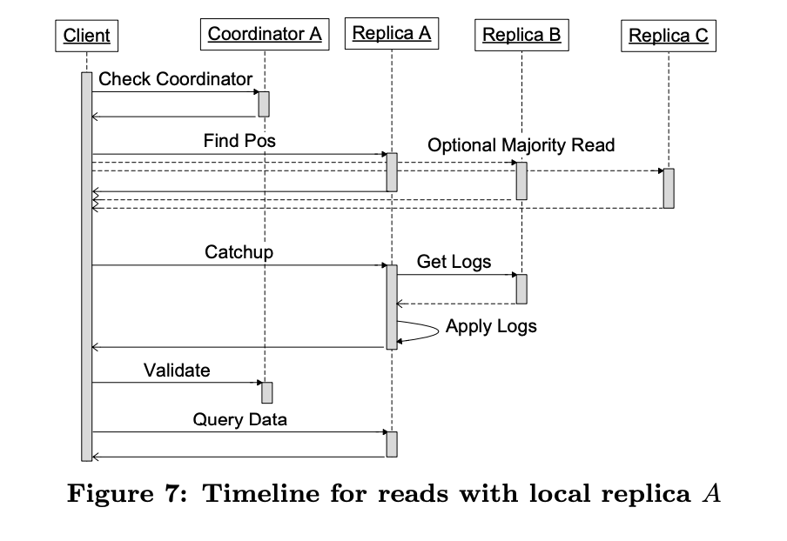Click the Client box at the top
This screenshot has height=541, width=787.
(87, 36)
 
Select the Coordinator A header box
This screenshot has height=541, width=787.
(265, 35)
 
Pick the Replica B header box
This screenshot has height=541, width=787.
(521, 36)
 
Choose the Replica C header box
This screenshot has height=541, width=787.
(668, 36)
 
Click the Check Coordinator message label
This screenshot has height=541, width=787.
(175, 79)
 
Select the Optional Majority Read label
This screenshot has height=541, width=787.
(521, 145)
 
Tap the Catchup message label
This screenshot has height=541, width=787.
(239, 252)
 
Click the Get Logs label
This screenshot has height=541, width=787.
(454, 261)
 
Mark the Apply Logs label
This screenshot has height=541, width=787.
(491, 327)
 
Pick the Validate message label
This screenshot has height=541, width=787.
(177, 370)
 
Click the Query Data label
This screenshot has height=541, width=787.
(239, 419)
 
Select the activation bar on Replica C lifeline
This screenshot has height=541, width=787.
(668, 188)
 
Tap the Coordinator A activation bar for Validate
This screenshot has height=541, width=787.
(266, 392)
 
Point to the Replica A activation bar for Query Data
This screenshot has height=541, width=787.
(392, 444)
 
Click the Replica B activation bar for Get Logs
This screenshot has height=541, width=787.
(521, 289)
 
